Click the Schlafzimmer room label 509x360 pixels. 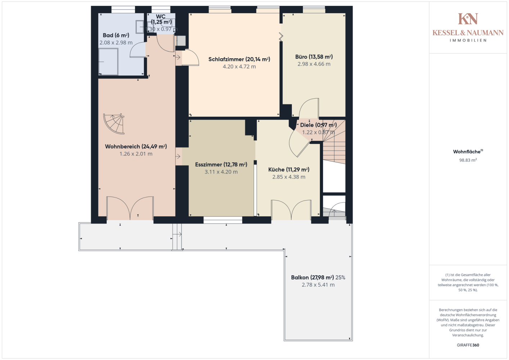pyautogui.click(x=239, y=59)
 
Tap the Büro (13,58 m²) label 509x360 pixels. pyautogui.click(x=314, y=57)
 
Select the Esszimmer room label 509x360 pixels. pyautogui.click(x=221, y=165)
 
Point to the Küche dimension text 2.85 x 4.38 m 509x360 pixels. pyautogui.click(x=289, y=177)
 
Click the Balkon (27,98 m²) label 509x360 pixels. pyautogui.click(x=312, y=278)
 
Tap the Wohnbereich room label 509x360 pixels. pyautogui.click(x=136, y=147)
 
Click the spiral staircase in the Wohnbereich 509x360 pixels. pyautogui.click(x=114, y=123)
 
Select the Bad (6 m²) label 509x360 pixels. pyautogui.click(x=116, y=35)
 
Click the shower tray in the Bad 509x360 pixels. pyautogui.click(x=108, y=62)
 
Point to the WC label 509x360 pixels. pyautogui.click(x=161, y=17)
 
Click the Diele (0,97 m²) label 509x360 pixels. pyautogui.click(x=318, y=125)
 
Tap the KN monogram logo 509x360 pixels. pyautogui.click(x=468, y=19)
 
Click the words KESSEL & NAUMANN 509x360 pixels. pyautogui.click(x=468, y=33)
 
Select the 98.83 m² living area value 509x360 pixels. pyautogui.click(x=468, y=160)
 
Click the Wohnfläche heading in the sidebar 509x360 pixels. pyautogui.click(x=468, y=152)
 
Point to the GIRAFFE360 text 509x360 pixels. pyautogui.click(x=468, y=345)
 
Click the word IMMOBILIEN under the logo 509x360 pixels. pyautogui.click(x=468, y=40)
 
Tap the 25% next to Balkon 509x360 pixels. pyautogui.click(x=340, y=278)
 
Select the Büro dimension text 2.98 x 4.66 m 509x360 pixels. pyautogui.click(x=314, y=64)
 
